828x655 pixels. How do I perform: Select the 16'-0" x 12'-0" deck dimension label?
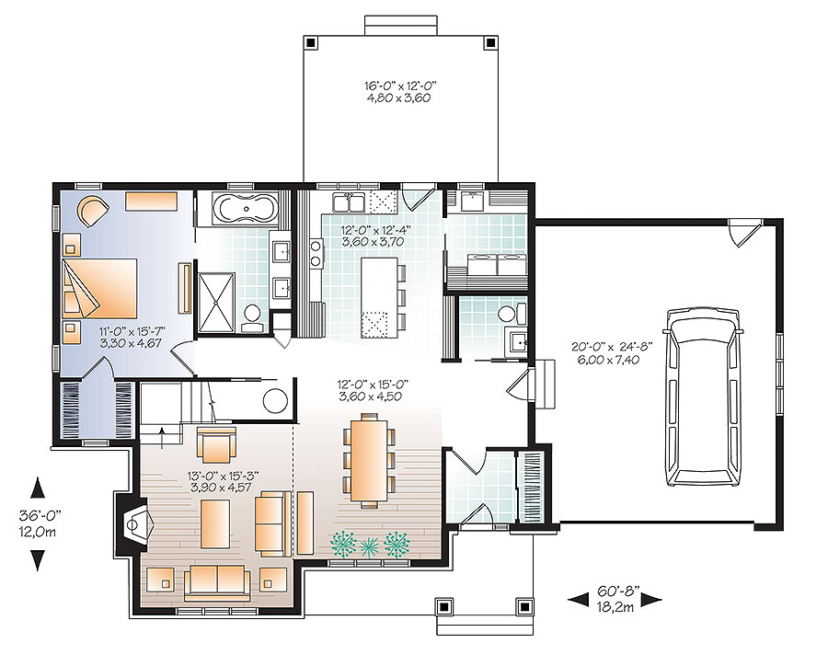click(x=399, y=92)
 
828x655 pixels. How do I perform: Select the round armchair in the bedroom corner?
click(x=92, y=211)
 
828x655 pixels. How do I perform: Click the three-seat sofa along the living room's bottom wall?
click(x=216, y=580)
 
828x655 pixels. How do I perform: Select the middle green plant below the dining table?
click(x=369, y=546)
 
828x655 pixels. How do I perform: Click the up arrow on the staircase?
click(x=162, y=432)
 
